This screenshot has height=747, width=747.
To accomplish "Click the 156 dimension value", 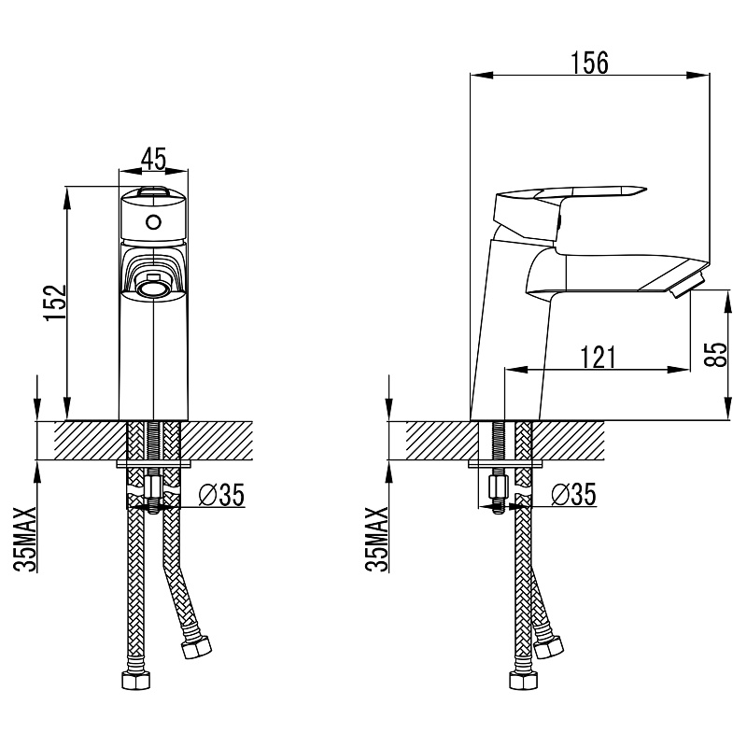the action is [x=589, y=63].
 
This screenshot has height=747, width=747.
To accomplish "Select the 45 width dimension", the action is [x=154, y=159].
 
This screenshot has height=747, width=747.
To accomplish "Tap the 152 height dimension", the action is [x=55, y=303].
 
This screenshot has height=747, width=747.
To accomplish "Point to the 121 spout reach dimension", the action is [x=598, y=357].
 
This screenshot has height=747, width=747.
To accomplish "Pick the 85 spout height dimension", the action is [x=715, y=355].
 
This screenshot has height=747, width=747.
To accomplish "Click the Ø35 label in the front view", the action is [x=221, y=495].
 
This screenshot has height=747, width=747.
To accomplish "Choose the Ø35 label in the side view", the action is [x=573, y=495].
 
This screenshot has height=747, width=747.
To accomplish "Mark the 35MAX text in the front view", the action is [x=25, y=539].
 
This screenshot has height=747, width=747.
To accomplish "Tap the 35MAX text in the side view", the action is [x=377, y=539].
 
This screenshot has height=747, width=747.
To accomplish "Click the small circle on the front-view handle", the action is [x=153, y=222].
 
